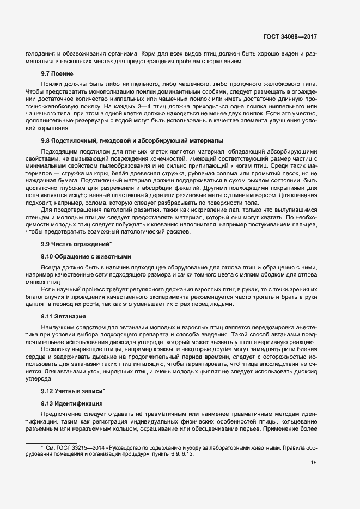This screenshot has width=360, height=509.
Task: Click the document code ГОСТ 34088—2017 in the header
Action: click(x=290, y=36)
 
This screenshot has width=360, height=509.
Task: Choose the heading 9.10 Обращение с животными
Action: click(x=86, y=256)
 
